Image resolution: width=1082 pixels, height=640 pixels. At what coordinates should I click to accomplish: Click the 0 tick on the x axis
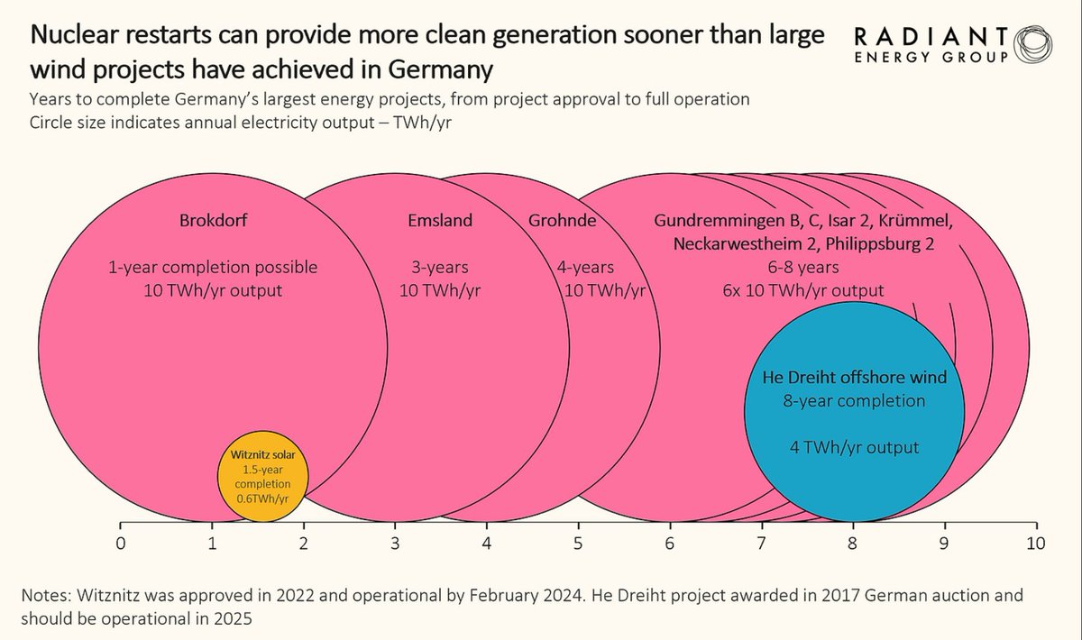point(120,544)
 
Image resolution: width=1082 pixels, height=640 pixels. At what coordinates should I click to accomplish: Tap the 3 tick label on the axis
point(395,544)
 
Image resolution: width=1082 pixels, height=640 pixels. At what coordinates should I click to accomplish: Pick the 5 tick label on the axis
point(578,544)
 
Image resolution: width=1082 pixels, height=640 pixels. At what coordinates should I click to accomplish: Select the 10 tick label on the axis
point(1035,544)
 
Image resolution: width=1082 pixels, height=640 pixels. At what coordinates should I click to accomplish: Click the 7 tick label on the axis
point(761,544)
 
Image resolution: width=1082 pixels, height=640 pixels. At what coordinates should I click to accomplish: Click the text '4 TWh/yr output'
point(853,447)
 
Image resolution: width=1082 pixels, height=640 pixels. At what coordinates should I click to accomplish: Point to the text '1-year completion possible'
point(212,268)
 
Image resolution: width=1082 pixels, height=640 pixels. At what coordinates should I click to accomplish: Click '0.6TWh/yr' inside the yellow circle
point(263,498)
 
